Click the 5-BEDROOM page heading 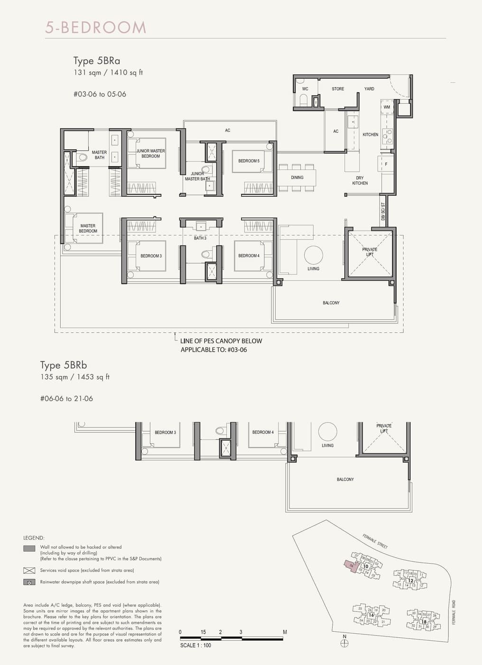point(96,27)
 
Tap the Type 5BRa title point(97,61)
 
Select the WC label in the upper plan point(305,89)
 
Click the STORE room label point(338,89)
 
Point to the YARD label point(369,89)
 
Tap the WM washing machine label point(387,107)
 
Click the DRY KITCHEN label point(360,181)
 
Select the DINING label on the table point(297,177)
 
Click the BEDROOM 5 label point(249,161)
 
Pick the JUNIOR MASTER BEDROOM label point(150,154)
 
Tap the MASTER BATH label point(99,155)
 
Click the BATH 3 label point(200,238)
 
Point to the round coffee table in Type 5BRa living point(313,255)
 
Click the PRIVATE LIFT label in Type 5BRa point(370,252)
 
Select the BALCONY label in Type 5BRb point(345,480)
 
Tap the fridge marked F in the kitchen point(386,164)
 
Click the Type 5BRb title point(64,365)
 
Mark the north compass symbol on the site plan point(345,643)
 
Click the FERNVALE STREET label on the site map point(375,541)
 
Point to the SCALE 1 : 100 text point(195,645)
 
